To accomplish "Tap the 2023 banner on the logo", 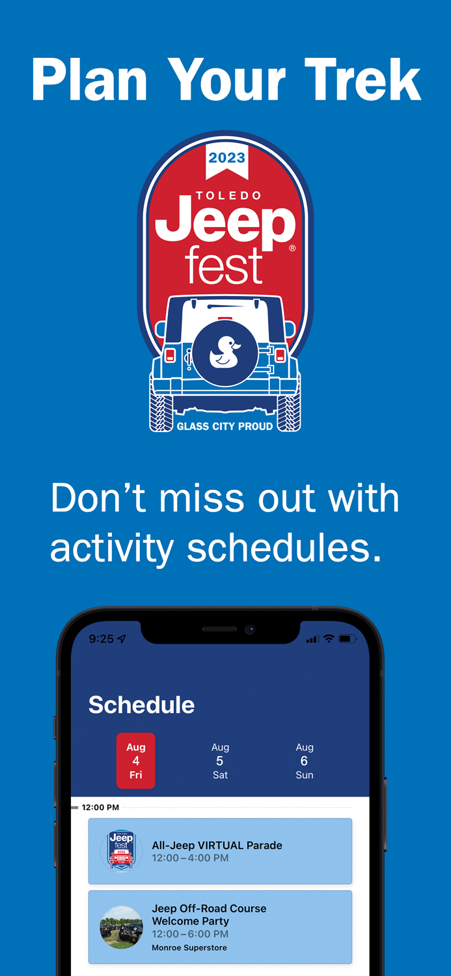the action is (x=227, y=161).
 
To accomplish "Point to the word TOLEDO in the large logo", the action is (x=228, y=196).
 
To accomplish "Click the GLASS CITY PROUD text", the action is (x=225, y=426).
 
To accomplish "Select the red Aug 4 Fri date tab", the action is (x=135, y=761).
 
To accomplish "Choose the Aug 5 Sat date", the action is (x=220, y=761).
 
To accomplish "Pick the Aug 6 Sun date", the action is (x=304, y=761).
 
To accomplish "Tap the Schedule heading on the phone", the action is (x=142, y=705).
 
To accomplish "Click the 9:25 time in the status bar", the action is (x=101, y=639).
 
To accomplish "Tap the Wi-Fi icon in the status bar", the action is (x=329, y=638).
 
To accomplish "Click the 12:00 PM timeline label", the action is (x=100, y=807).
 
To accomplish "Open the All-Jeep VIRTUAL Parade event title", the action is (x=217, y=845).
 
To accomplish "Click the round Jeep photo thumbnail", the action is (x=121, y=927).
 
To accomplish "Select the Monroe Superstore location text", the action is (x=189, y=947).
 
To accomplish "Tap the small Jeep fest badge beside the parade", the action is (x=121, y=850).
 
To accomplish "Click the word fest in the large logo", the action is (x=225, y=265).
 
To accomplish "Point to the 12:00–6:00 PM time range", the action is (x=190, y=934).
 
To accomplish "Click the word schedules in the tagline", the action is (x=284, y=547).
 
